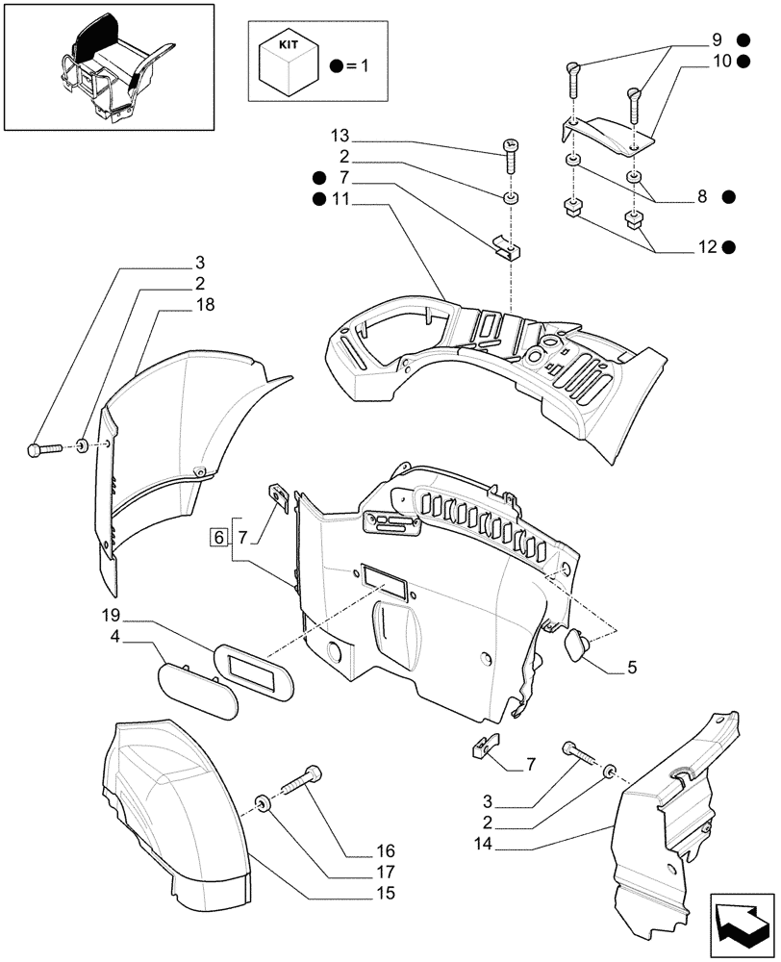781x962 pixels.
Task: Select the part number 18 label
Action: click(x=205, y=305)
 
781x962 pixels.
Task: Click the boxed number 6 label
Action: click(x=219, y=538)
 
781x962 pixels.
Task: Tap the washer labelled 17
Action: click(x=262, y=803)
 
